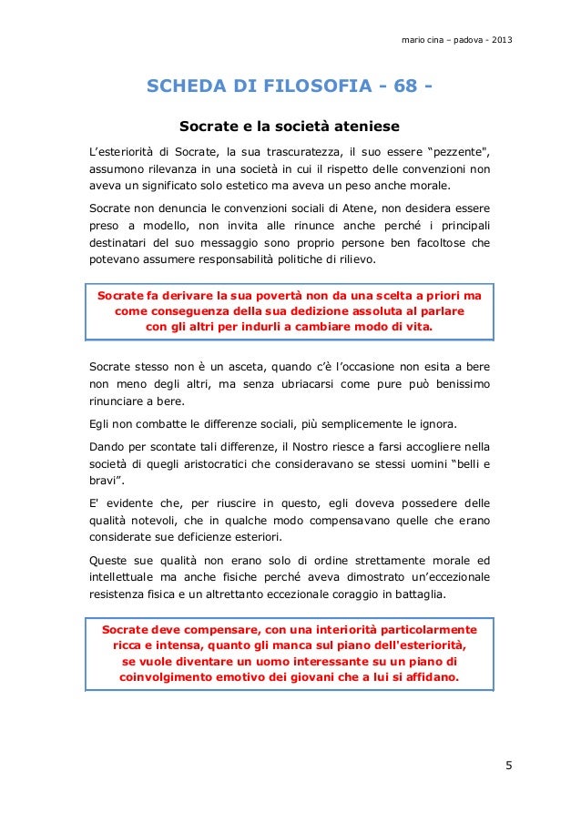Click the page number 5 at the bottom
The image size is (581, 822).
(x=510, y=764)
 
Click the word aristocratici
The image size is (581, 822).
(x=229, y=465)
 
